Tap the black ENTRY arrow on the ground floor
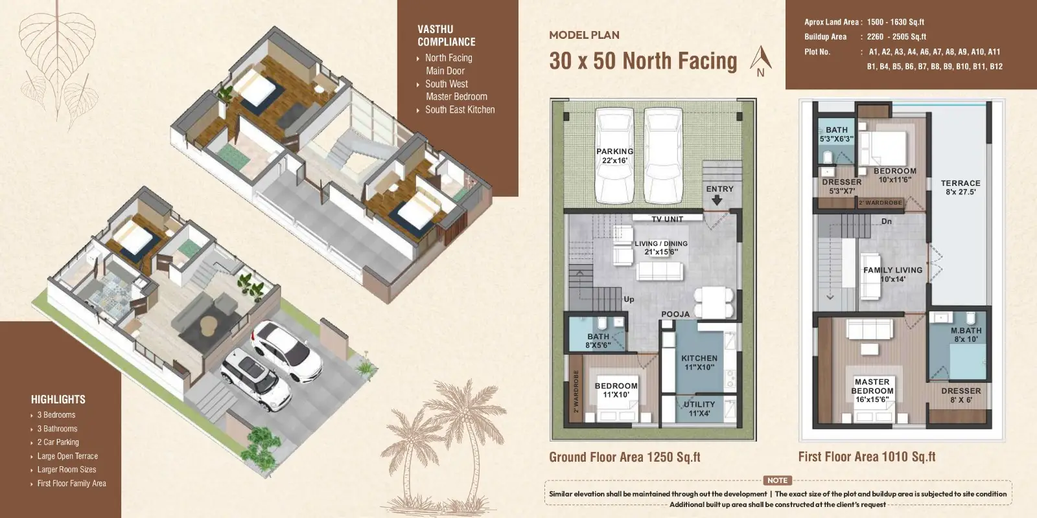pyautogui.click(x=717, y=200)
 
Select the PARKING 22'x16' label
pyautogui.click(x=615, y=156)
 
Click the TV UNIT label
pyautogui.click(x=667, y=220)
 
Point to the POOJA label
pyautogui.click(x=675, y=315)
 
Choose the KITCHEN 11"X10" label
pyautogui.click(x=699, y=363)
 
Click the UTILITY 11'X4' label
pyautogui.click(x=699, y=409)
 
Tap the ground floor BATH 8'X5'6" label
pyautogui.click(x=598, y=341)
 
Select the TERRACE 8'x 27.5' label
pyautogui.click(x=961, y=187)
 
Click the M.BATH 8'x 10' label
pyautogui.click(x=966, y=335)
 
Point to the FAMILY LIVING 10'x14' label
pyautogui.click(x=892, y=275)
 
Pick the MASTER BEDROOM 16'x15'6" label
pyautogui.click(x=872, y=390)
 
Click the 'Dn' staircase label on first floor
pyautogui.click(x=887, y=221)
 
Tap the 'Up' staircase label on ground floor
pyautogui.click(x=629, y=299)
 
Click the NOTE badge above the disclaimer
pyautogui.click(x=777, y=480)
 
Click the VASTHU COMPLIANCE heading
pyautogui.click(x=447, y=36)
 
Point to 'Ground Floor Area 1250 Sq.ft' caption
pyautogui.click(x=625, y=457)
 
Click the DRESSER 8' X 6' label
pyautogui.click(x=961, y=396)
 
